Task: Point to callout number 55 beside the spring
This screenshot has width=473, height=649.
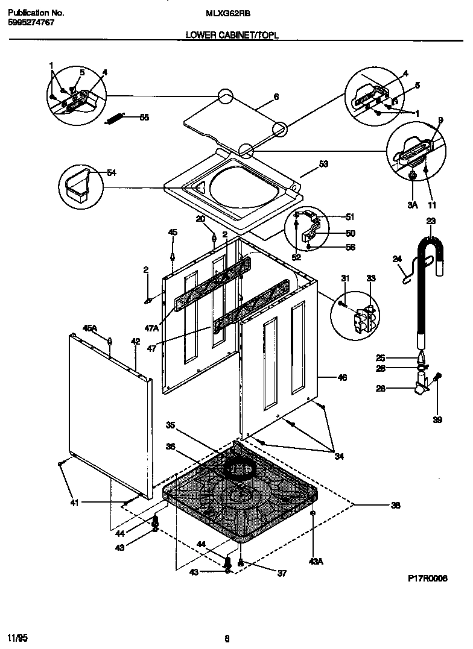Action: [x=144, y=118]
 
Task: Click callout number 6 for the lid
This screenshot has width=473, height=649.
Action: [x=276, y=96]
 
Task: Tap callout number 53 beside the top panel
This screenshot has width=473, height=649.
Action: [x=323, y=163]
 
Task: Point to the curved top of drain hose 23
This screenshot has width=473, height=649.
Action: [x=431, y=243]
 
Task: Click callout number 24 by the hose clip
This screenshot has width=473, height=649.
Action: [x=397, y=260]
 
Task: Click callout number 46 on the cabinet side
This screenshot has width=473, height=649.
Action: [x=341, y=378]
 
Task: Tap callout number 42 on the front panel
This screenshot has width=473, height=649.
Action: [x=135, y=342]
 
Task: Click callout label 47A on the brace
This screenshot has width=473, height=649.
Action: [x=151, y=328]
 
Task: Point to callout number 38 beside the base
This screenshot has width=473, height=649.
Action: [x=395, y=506]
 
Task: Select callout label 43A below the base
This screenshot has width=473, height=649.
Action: [x=316, y=561]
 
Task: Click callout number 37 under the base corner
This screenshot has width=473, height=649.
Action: [x=281, y=574]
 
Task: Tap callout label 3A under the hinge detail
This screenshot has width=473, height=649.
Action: [x=412, y=205]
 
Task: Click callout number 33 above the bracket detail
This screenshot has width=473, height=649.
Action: [x=370, y=278]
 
